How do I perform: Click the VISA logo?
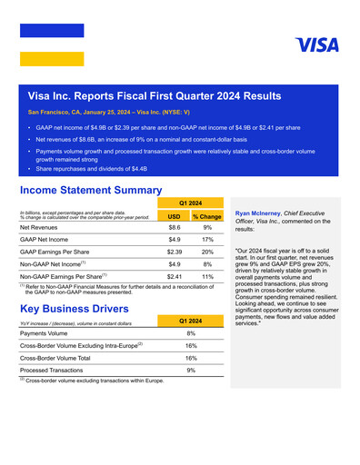[316, 45]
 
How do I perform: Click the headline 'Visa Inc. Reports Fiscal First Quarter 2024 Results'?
[155, 95]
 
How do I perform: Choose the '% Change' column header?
[206, 217]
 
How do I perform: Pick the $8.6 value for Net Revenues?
[173, 228]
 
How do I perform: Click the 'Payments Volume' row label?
[46, 333]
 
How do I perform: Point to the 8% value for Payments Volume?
[190, 333]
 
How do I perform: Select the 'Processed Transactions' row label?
[54, 371]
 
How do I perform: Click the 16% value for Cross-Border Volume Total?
[190, 358]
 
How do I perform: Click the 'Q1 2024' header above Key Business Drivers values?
[190, 321]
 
